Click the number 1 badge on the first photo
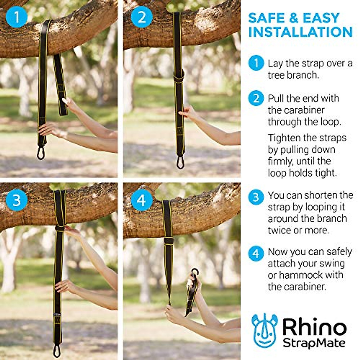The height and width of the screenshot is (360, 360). pos(16,17)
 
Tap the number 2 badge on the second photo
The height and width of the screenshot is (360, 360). pos(142,17)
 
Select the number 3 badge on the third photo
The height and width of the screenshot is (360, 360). pos(16,200)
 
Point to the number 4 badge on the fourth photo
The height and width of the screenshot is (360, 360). pos(142,200)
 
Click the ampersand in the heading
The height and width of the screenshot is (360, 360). pos(293,19)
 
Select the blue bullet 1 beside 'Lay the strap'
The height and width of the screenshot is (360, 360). pos(256,63)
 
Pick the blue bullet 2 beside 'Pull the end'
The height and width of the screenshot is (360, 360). pos(256,98)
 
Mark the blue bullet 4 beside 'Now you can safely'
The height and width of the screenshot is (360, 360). pos(256,254)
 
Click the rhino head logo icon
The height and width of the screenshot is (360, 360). pos(264,330)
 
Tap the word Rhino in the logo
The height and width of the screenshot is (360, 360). pos(314,327)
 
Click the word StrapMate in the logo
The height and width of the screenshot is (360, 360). pos(314,343)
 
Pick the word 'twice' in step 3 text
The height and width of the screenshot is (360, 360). pos(280,230)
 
